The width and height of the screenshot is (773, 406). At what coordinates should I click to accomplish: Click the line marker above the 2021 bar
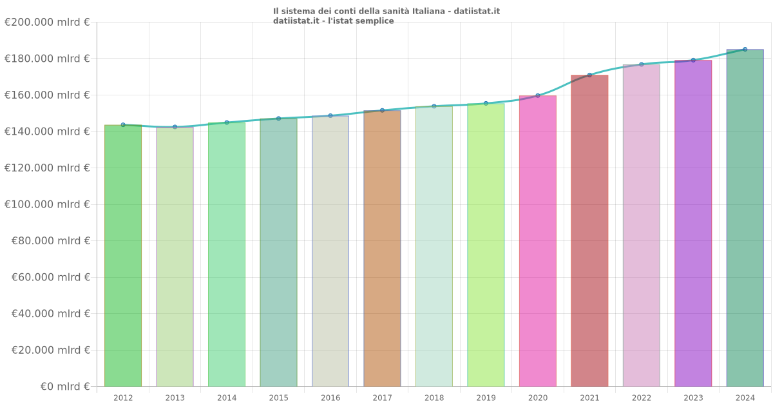click(x=589, y=75)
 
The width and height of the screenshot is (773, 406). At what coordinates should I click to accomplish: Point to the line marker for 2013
click(x=175, y=127)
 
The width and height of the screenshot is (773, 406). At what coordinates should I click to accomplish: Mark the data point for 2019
click(x=486, y=103)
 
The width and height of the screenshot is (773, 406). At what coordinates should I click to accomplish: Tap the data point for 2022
click(x=641, y=64)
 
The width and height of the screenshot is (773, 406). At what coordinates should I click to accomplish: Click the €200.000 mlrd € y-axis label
click(x=46, y=22)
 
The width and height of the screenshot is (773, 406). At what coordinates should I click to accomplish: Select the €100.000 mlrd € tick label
click(x=46, y=204)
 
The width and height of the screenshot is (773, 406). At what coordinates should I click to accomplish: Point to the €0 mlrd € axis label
click(x=46, y=387)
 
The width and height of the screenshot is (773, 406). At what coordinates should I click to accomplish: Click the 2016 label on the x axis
click(x=330, y=398)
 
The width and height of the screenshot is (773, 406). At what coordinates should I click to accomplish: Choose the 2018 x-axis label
click(x=434, y=398)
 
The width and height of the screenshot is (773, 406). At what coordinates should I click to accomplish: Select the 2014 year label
click(x=227, y=398)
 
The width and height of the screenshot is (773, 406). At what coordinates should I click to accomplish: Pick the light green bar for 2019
click(x=486, y=245)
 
